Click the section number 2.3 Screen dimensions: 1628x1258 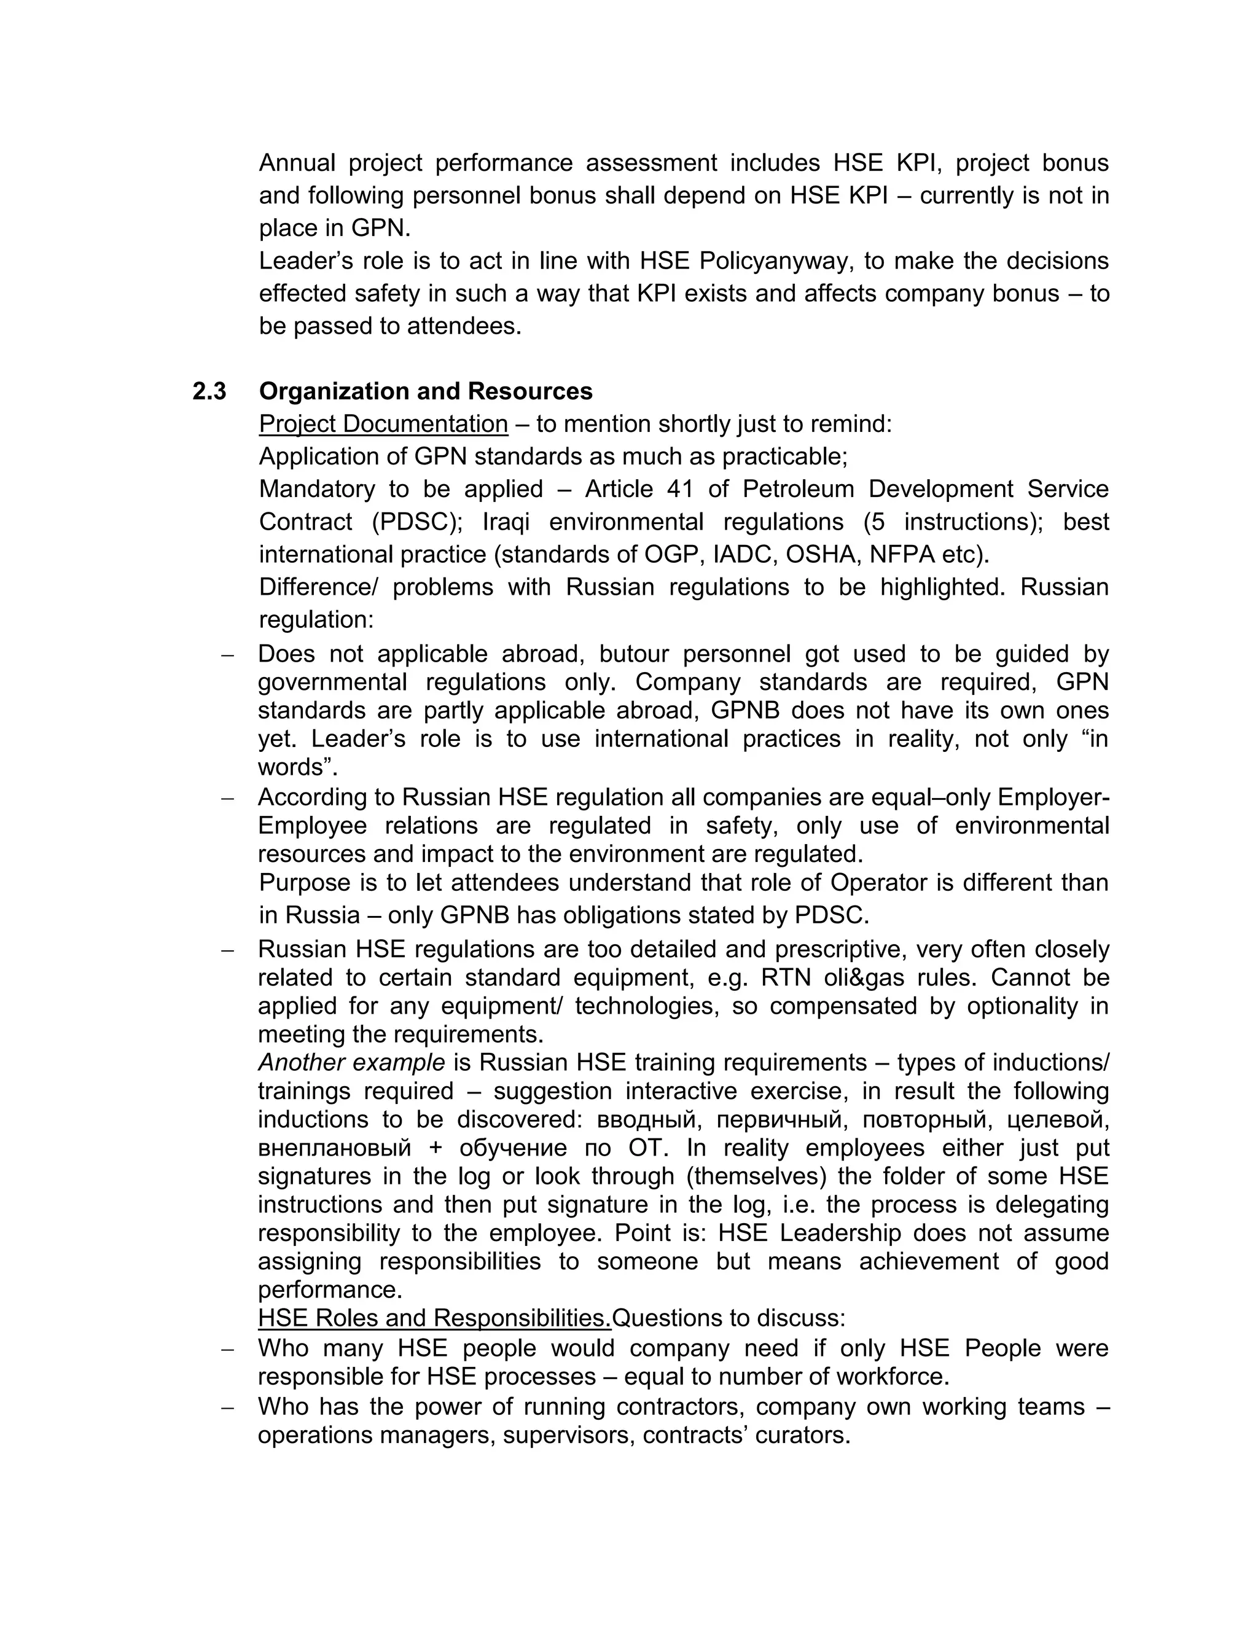coord(209,391)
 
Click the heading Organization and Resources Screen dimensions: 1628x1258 coord(426,391)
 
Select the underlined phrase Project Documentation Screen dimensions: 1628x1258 coord(383,424)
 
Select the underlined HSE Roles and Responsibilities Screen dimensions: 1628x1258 coord(434,1318)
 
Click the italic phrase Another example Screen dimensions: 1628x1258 coord(351,1062)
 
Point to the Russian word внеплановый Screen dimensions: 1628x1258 coord(334,1148)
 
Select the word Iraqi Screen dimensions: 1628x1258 coord(507,522)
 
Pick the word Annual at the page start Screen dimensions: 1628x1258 coord(297,163)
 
